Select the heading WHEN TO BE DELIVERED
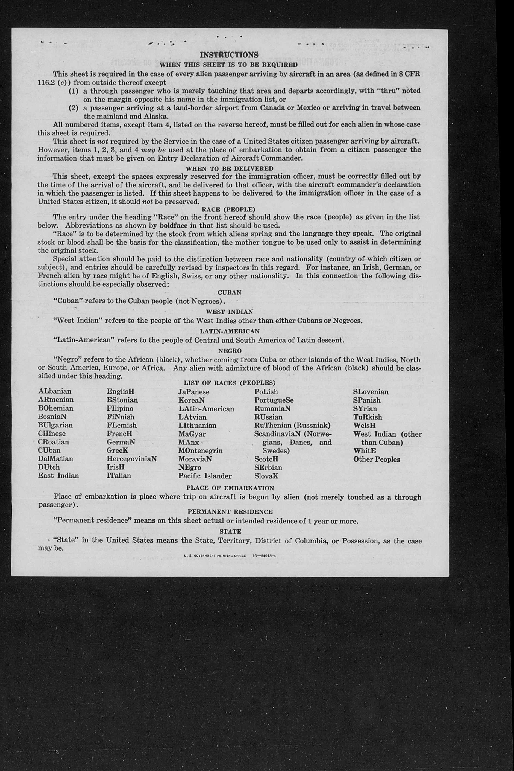(230, 169)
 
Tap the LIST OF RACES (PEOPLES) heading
(230, 383)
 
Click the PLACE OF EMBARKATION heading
(230, 488)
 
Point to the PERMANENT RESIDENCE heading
(230, 511)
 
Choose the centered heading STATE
(230, 531)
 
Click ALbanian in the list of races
(55, 391)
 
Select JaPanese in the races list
(194, 392)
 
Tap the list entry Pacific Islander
(205, 476)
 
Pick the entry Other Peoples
(377, 459)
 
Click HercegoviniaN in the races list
(132, 459)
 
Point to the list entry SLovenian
(371, 392)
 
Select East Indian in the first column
(58, 475)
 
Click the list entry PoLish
(266, 392)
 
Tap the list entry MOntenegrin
(200, 450)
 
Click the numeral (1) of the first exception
(73, 91)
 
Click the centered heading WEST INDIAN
(230, 312)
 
